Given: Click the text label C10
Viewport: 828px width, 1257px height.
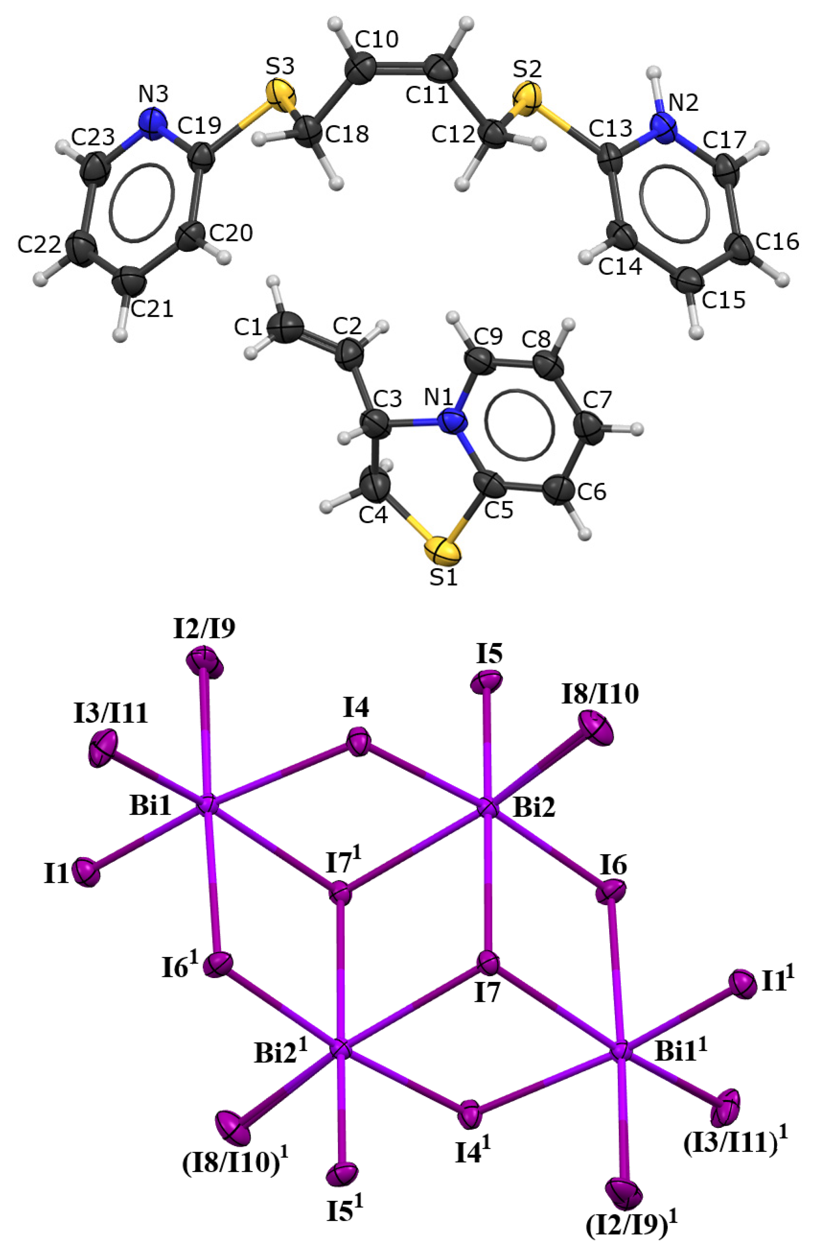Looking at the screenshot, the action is point(376,40).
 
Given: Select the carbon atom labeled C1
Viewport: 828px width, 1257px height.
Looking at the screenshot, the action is point(286,327).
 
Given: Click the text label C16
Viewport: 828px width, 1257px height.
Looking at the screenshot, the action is point(777,241).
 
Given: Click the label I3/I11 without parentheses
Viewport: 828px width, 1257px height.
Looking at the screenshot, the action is point(111,714).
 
